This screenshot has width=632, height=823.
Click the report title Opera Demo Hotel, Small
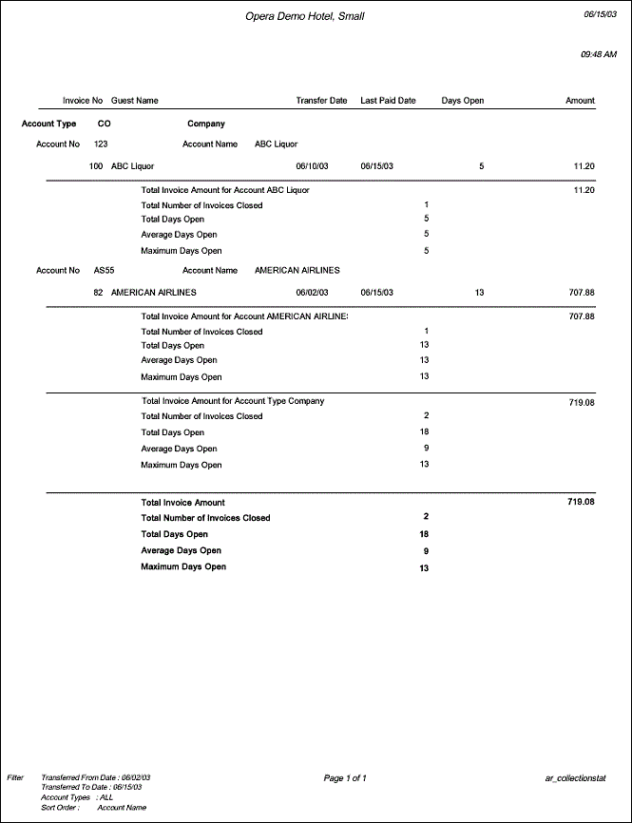click(304, 16)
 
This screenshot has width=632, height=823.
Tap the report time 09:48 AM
click(598, 55)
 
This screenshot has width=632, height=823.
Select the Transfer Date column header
click(321, 100)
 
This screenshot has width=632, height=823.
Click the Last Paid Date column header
click(388, 100)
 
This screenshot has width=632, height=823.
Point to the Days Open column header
click(462, 100)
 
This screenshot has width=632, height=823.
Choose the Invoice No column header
click(82, 100)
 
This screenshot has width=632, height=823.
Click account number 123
click(101, 144)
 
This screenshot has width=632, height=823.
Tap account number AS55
click(104, 271)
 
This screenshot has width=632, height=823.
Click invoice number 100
click(96, 166)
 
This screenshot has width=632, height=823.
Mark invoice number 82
click(98, 293)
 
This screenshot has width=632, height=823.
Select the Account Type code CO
click(104, 124)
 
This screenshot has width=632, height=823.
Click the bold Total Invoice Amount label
click(182, 503)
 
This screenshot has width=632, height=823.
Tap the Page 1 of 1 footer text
click(345, 778)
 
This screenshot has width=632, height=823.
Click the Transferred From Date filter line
click(95, 777)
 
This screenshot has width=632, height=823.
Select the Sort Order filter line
click(93, 808)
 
